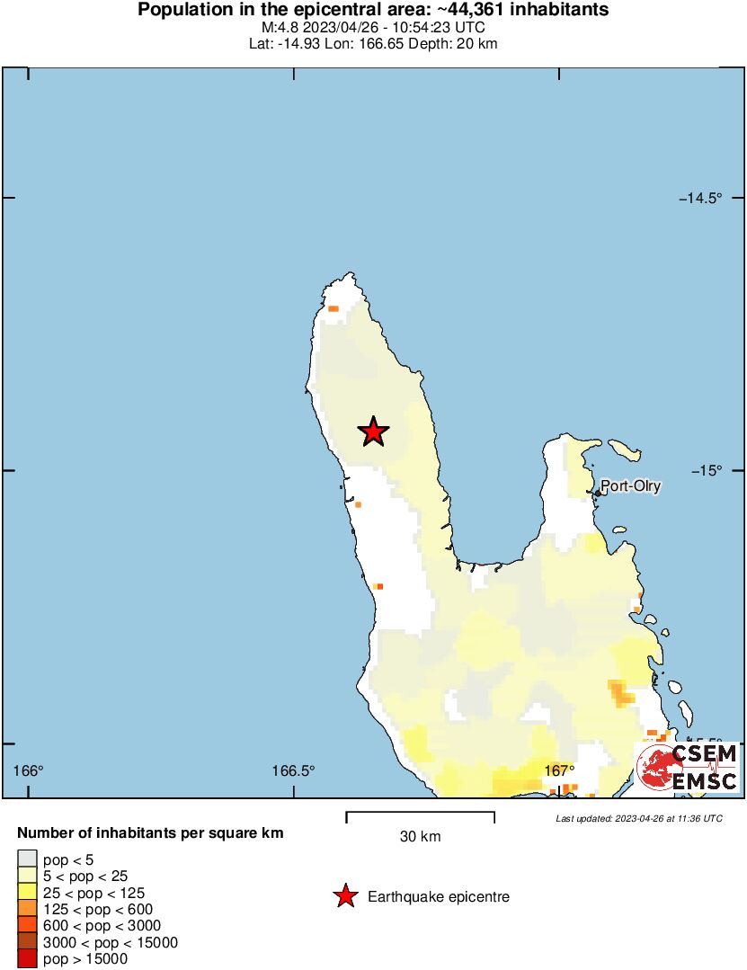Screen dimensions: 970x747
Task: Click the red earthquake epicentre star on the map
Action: coord(373,432)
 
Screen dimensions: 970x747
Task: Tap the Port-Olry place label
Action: coord(631,486)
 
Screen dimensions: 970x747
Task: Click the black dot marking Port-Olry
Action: coord(598,493)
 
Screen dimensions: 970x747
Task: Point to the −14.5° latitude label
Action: coord(700,198)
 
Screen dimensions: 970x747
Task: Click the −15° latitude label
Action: coord(706,471)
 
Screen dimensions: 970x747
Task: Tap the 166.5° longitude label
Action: coord(293,770)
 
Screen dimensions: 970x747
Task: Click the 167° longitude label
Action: coord(559,770)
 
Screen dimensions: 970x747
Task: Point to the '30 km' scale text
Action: coord(420,837)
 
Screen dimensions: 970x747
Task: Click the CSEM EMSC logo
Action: coord(688,767)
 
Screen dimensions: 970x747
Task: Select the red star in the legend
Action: coord(343,896)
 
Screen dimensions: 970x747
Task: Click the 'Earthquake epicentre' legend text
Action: coord(439,896)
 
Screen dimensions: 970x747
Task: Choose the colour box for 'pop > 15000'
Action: coord(28,959)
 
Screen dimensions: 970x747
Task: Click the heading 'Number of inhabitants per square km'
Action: coord(150,833)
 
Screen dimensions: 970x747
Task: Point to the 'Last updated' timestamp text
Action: coord(639,818)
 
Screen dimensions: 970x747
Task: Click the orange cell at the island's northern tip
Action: coord(333,308)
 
